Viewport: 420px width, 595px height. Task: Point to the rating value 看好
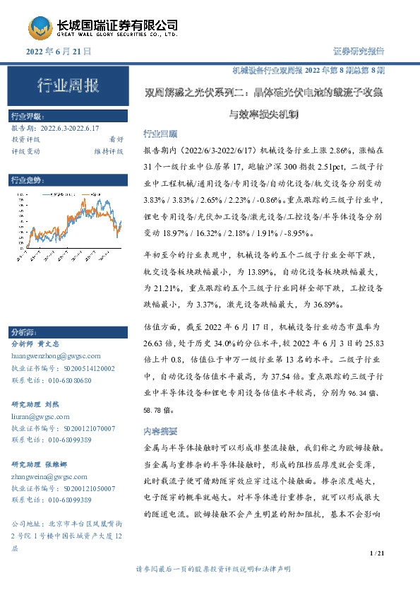tap(115, 139)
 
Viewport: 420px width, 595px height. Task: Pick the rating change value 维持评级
tap(109, 151)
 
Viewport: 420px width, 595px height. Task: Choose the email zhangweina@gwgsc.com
tap(50, 477)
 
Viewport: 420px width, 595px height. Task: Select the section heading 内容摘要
tap(160, 430)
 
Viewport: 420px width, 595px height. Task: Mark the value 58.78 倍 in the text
tap(162, 410)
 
